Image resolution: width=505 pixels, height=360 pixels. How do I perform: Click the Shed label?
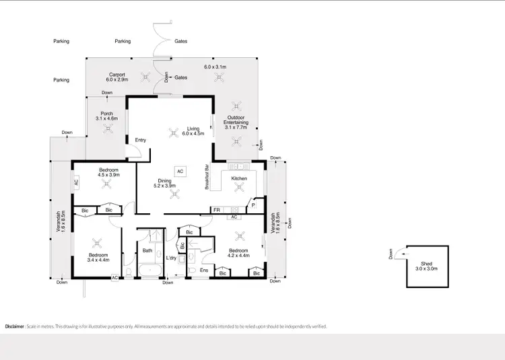pos(426,264)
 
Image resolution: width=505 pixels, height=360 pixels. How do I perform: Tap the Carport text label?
pos(119,75)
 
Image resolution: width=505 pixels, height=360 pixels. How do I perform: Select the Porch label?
pos(106,114)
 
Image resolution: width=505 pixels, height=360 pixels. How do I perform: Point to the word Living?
pos(194,128)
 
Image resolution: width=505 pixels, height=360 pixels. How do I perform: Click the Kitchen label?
pos(239,178)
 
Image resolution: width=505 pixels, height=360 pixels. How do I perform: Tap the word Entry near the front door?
pos(141,140)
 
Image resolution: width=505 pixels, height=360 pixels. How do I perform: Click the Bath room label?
pos(147,251)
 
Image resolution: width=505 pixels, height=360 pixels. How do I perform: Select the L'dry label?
pos(171,258)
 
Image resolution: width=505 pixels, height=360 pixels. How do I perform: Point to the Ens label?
pos(204,270)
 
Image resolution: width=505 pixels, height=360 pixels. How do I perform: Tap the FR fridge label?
pos(217,211)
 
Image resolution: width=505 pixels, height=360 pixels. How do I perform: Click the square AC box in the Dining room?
pos(180,172)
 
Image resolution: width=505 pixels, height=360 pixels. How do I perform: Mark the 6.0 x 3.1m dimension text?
pos(215,67)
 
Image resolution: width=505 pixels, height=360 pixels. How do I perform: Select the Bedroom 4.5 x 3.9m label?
pos(108,172)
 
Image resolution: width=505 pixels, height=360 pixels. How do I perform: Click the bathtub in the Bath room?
pos(148,271)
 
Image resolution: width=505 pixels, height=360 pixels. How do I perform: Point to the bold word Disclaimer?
pos(15,326)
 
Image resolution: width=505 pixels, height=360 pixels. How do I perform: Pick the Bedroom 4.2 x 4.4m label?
pos(239,253)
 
